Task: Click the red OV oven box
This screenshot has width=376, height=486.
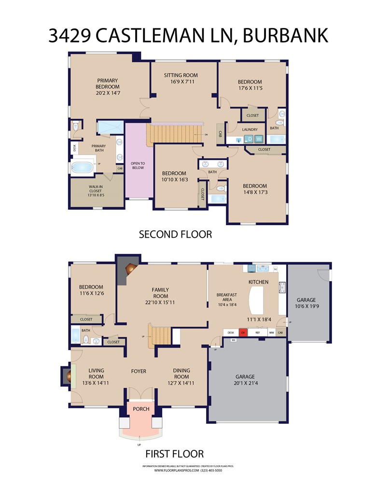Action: point(244,332)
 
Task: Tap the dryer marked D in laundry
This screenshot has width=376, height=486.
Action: point(250,139)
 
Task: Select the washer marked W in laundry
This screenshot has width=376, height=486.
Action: point(259,139)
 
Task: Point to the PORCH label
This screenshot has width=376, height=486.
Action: point(141,409)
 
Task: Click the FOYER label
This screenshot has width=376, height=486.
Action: point(139,371)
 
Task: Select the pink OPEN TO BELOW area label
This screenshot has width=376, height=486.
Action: point(138,165)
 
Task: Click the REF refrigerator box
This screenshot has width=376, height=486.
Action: point(258,332)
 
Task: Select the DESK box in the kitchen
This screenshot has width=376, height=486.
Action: point(231,332)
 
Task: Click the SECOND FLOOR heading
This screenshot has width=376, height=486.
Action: point(175,235)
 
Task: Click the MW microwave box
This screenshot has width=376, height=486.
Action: point(271,332)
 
